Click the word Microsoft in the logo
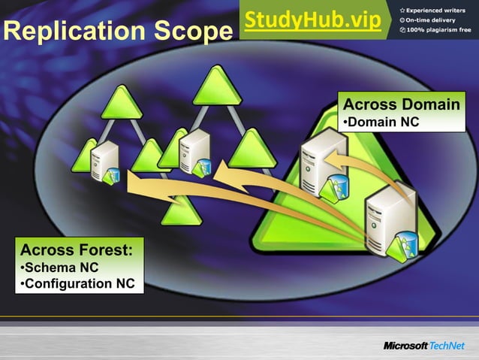tap(405, 345)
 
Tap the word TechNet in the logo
tap(447, 345)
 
